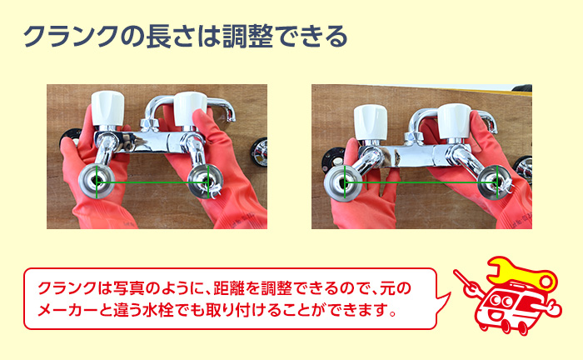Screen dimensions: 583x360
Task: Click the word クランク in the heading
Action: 72,37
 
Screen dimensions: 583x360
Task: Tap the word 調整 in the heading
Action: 248,37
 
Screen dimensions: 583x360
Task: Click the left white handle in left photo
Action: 107,108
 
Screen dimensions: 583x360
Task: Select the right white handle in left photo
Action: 191,109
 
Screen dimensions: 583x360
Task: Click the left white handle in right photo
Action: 371,122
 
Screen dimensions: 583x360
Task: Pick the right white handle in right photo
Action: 455,122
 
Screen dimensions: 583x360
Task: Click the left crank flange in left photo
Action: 97,181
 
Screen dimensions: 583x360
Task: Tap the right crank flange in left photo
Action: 206,182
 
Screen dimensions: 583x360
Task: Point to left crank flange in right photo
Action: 343,183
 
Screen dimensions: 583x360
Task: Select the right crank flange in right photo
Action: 496,182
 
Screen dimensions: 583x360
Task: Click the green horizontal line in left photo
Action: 152,182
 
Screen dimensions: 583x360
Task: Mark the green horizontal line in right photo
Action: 421,182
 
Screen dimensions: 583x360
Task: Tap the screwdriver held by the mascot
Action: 466,283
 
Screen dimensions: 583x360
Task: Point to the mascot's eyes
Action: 501,300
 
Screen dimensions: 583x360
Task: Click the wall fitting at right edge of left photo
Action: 260,152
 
